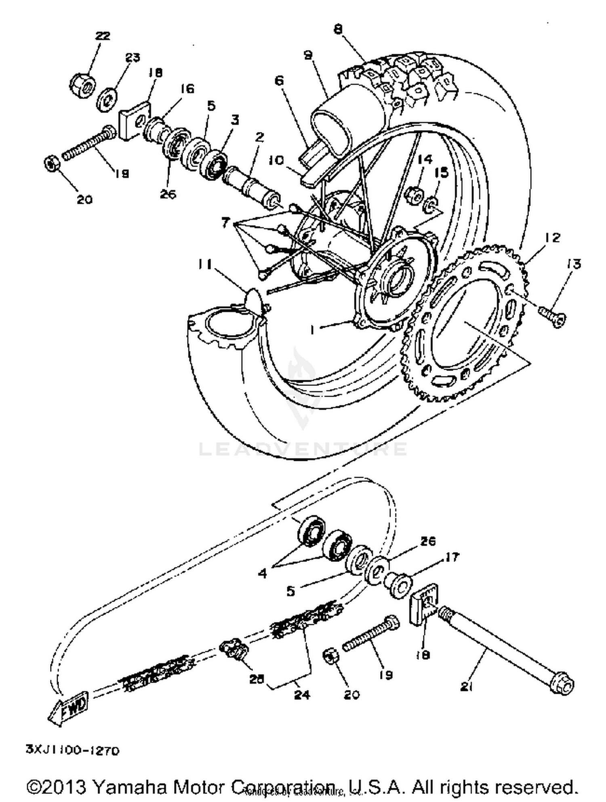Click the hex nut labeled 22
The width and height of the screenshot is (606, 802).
pos(82,83)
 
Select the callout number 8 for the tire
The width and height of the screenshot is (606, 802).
pos(338,29)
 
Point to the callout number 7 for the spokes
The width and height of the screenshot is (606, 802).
pos(225,222)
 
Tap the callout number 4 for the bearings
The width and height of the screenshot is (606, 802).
pos(263,573)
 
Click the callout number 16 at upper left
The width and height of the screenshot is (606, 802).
pos(187,88)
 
